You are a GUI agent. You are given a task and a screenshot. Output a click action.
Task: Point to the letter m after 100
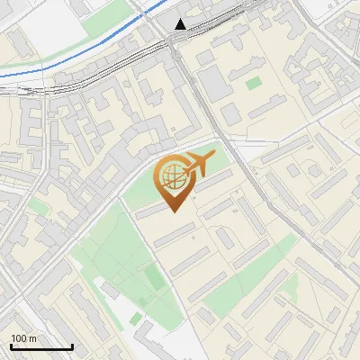(33, 338)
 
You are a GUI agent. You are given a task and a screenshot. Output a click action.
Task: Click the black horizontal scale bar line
(41, 347)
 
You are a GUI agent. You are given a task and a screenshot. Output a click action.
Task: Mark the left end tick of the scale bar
(11, 346)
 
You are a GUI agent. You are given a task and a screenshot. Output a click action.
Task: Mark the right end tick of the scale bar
(72, 346)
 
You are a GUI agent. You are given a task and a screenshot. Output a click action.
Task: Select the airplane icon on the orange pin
(197, 165)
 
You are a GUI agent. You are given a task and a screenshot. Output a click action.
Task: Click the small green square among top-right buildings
(254, 83)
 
